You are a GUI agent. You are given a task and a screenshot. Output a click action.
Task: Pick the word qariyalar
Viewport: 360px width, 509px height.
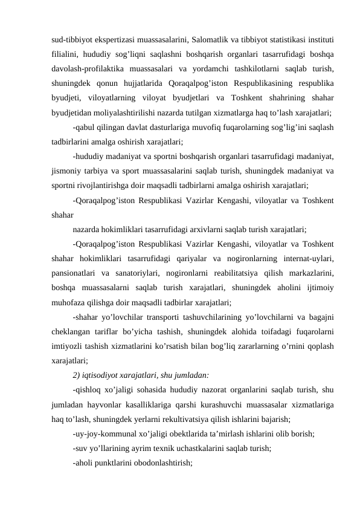(198, 258)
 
